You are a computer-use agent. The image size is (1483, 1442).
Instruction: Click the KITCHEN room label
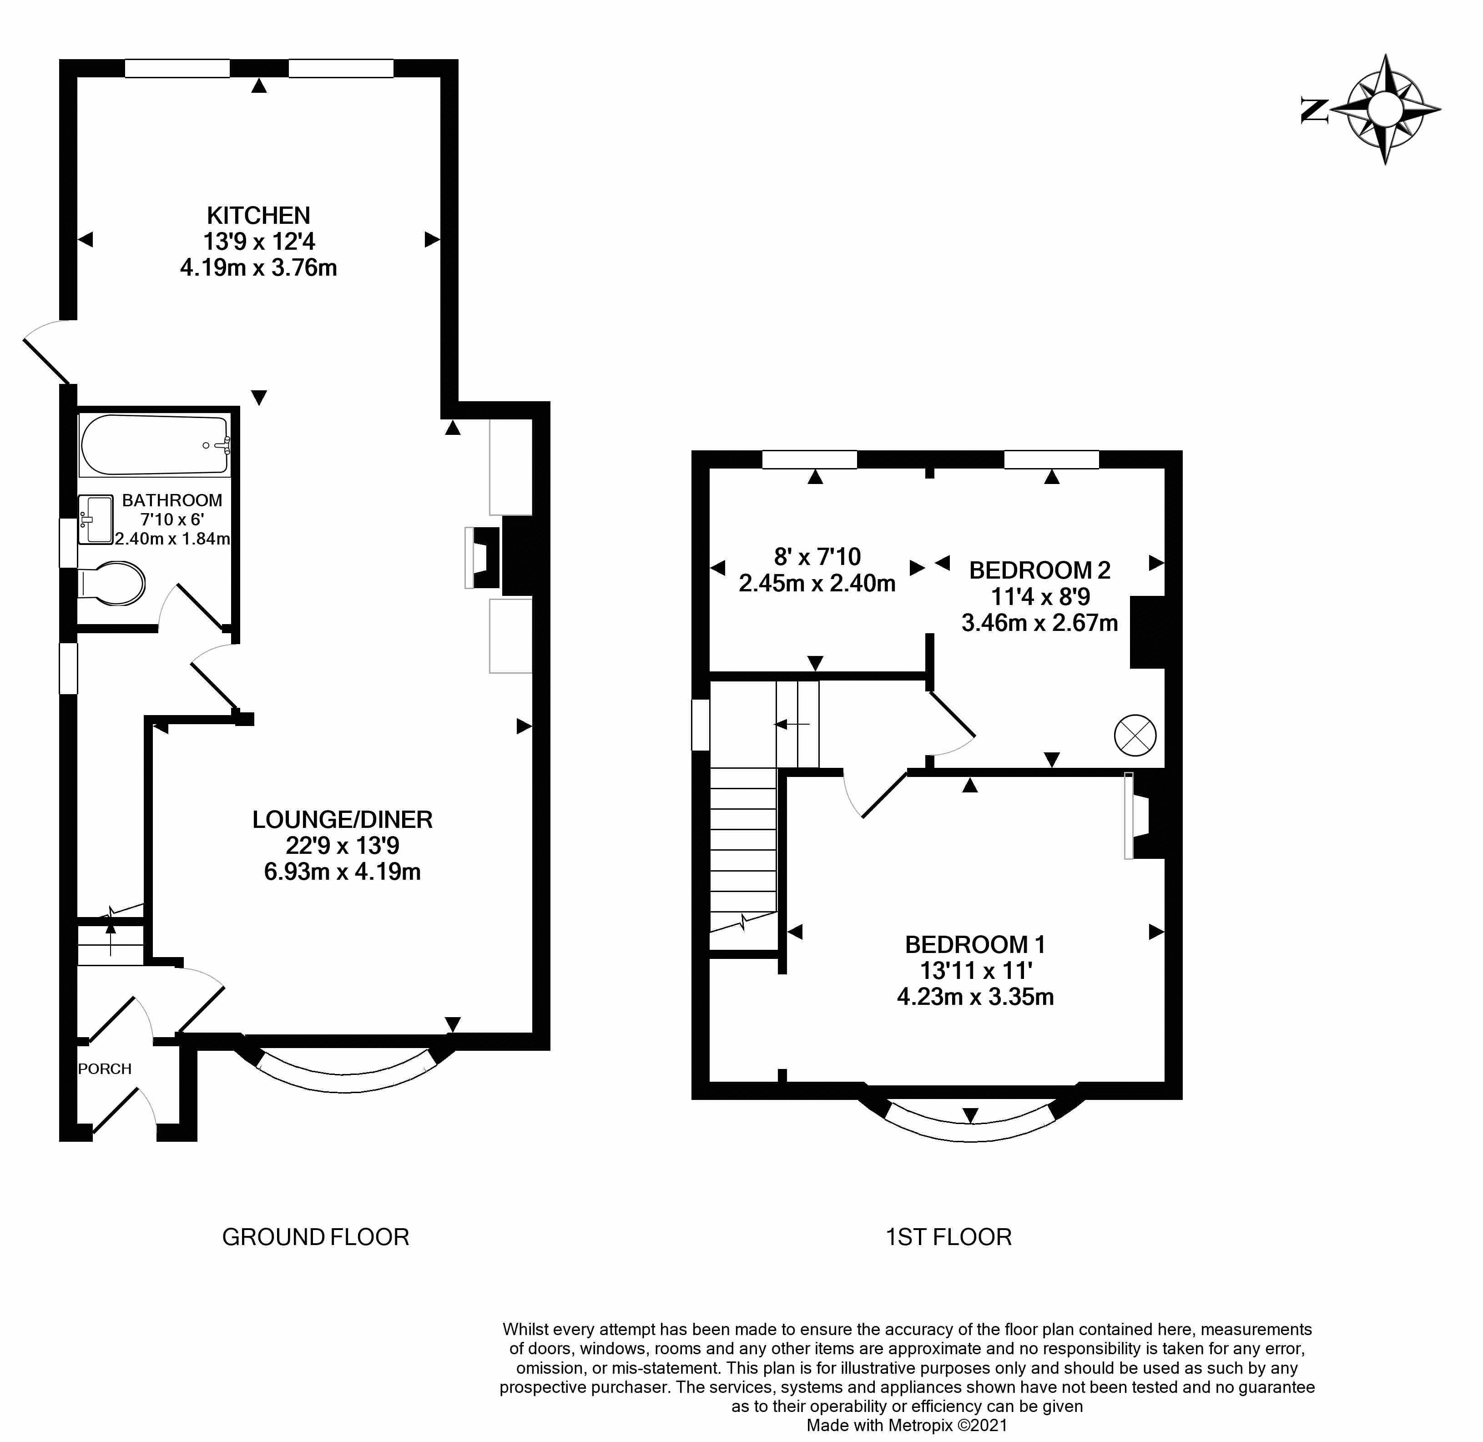click(258, 216)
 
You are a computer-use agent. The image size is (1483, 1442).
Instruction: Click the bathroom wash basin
click(96, 519)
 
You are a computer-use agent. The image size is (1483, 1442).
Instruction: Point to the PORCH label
click(105, 1069)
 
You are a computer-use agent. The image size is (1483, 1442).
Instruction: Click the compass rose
click(1385, 110)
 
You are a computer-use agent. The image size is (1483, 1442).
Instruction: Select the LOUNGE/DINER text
click(343, 819)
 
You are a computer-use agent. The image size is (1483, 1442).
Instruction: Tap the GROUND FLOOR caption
click(315, 1237)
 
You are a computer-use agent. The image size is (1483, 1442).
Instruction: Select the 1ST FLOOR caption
click(948, 1237)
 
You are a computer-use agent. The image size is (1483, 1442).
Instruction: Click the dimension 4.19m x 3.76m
click(258, 268)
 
